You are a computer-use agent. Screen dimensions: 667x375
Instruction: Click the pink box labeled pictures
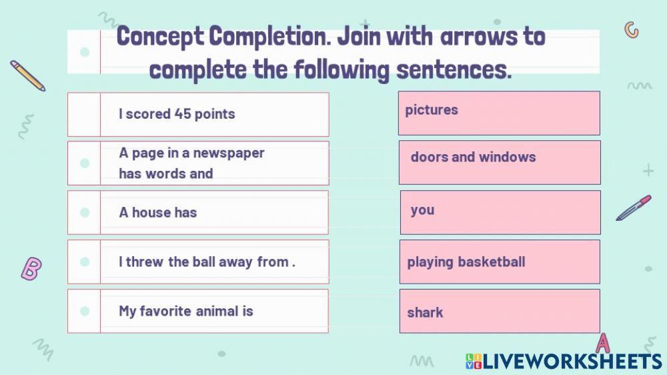499,113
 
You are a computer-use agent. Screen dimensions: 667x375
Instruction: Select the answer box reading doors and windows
500,163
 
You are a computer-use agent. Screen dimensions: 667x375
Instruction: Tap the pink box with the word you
500,212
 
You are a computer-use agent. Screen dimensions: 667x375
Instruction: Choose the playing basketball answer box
500,262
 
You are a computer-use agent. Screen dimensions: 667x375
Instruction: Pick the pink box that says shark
500,311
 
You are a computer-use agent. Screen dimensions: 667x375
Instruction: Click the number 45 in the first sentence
183,113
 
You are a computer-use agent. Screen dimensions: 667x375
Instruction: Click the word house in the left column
151,212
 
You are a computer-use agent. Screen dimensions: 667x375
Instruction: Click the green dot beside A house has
85,212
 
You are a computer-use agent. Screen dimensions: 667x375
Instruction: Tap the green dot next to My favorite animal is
85,311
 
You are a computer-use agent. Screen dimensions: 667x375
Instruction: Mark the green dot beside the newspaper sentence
85,163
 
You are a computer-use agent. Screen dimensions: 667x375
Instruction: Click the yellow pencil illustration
27,75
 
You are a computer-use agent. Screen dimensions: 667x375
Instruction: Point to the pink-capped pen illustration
634,208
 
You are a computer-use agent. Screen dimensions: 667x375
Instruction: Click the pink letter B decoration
31,269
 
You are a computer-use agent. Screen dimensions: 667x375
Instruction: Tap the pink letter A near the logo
602,343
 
